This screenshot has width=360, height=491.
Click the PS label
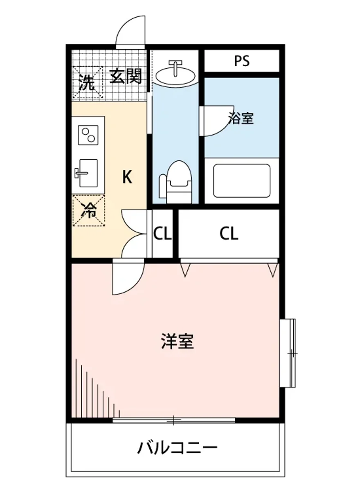coord(242,61)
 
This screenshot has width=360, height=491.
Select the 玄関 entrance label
coord(126,77)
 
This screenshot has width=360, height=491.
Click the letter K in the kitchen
coord(127,177)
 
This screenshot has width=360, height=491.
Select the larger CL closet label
coord(229,234)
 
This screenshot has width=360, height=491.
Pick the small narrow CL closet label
coord(162,234)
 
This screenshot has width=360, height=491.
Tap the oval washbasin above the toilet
coord(175,74)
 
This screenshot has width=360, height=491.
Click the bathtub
coord(242,180)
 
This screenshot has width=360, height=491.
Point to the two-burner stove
coord(88,135)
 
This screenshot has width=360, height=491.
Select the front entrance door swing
coord(131,32)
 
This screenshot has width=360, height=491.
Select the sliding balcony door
coord(174,420)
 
